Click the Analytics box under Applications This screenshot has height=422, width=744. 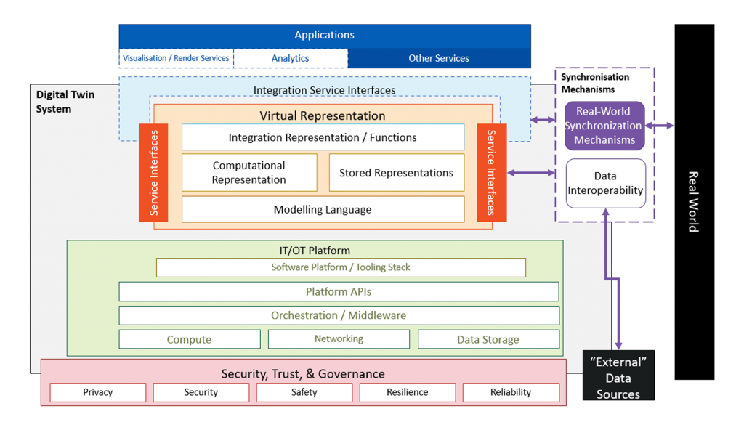click(291, 58)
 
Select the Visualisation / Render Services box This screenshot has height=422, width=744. click(176, 58)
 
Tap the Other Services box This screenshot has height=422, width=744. click(439, 58)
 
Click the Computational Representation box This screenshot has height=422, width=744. click(249, 173)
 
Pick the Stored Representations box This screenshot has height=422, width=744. click(396, 173)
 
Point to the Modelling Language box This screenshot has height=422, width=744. click(323, 210)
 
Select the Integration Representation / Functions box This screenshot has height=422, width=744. click(323, 137)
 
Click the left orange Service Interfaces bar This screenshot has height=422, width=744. click(153, 173)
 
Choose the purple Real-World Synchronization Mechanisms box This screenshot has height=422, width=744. click(604, 126)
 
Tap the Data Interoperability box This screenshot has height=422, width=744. click(605, 183)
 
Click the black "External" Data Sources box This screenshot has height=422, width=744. click(618, 375)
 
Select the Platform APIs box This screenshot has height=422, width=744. click(339, 291)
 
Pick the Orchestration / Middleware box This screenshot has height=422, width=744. click(339, 315)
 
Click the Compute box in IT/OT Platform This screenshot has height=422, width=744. click(190, 339)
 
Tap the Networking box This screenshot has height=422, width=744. click(339, 339)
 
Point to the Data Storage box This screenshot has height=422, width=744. click(488, 339)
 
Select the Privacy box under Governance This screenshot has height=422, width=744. click(98, 392)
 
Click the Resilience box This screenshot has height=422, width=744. click(407, 392)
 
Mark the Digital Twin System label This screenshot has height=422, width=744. click(65, 102)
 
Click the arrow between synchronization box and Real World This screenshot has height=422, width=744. click(660, 126)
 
